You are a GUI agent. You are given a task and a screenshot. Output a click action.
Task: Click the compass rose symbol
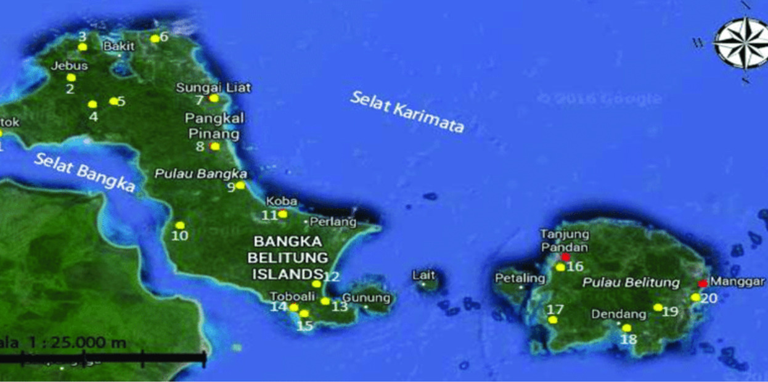741,43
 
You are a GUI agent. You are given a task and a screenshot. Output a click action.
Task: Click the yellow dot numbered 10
180,225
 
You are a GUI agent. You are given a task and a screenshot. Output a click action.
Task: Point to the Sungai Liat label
214,88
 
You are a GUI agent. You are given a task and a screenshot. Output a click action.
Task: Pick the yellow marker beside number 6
155,38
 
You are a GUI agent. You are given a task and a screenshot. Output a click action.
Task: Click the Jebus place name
70,66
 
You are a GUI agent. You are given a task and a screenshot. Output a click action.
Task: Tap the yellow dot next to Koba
282,214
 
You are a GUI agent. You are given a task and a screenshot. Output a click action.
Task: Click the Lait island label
424,275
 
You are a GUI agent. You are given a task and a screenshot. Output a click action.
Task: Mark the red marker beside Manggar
702,284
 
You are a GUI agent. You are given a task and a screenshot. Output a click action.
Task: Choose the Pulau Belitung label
632,283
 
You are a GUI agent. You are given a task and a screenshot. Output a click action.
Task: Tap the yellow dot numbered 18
627,328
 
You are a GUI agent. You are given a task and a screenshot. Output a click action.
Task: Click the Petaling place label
520,278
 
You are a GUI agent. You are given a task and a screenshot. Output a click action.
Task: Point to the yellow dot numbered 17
553,320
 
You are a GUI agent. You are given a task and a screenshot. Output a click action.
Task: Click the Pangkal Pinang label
212,125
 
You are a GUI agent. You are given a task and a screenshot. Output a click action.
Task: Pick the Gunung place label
366,298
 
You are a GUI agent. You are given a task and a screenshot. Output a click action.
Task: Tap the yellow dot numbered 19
658,307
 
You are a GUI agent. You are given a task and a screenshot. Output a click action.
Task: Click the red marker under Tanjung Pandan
565,257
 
